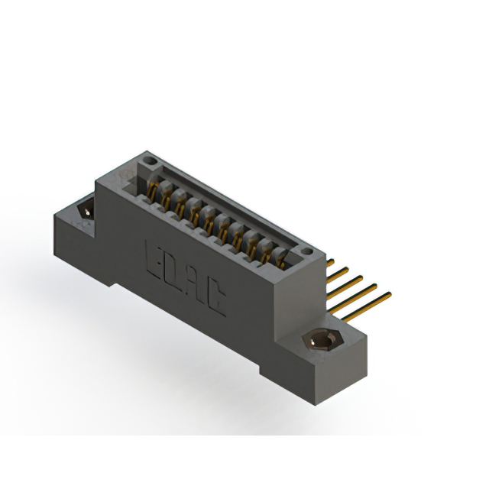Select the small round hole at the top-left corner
tap(151, 161)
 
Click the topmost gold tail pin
tap(332, 262)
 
